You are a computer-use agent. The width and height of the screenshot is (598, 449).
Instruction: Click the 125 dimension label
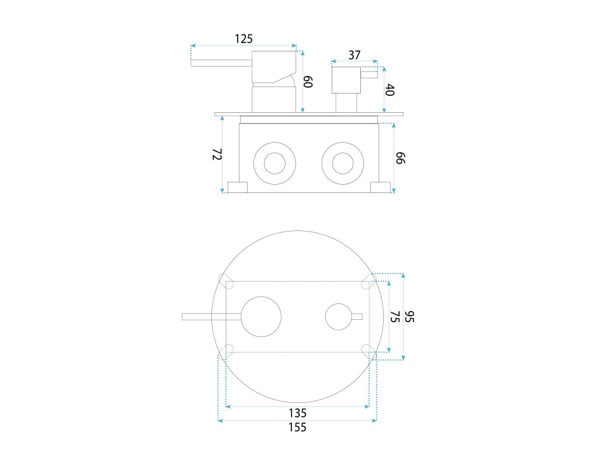click(244, 39)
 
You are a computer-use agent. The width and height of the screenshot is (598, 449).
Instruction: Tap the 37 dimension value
click(354, 55)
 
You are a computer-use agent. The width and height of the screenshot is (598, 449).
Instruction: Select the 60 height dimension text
click(309, 81)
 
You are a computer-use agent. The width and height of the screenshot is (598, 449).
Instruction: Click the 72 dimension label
click(217, 155)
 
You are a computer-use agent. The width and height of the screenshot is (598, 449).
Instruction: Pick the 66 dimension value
click(400, 158)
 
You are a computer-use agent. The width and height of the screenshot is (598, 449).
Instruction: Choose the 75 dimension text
click(394, 316)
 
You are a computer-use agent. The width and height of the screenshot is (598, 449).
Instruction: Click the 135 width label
click(297, 413)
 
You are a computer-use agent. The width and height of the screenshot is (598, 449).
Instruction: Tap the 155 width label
click(297, 427)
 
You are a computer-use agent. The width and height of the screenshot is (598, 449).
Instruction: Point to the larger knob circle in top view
click(261, 316)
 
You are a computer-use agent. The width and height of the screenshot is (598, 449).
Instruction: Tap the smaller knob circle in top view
click(339, 316)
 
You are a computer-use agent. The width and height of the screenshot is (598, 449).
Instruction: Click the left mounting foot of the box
click(237, 187)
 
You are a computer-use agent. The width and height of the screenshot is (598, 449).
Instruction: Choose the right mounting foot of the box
click(381, 187)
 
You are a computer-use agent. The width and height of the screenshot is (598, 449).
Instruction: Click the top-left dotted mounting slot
click(226, 279)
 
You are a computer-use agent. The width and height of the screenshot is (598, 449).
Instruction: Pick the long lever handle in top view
click(210, 317)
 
